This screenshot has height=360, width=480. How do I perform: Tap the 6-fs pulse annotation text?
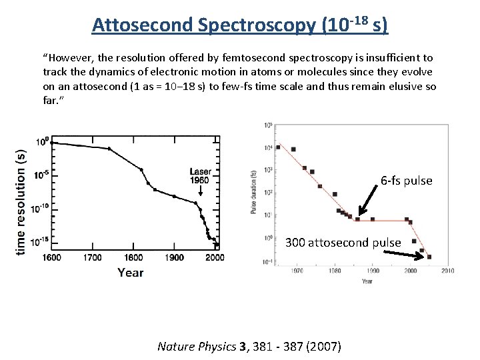406,181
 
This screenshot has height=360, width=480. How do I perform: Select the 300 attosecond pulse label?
343,243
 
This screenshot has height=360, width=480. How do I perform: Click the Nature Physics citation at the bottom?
249,346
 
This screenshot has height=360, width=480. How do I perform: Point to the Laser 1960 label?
200,176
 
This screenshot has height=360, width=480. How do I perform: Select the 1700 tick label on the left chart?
93,257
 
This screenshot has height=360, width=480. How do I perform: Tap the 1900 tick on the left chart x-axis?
174,257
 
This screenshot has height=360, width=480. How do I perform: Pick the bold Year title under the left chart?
131,272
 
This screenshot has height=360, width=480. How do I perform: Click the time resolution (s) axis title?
21,200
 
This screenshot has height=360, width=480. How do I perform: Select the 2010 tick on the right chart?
447,271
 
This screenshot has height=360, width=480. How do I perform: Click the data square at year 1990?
372,219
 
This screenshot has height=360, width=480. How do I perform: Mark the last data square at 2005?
429,257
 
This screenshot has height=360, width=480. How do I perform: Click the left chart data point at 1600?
53,143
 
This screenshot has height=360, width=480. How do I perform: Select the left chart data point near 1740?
109,149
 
